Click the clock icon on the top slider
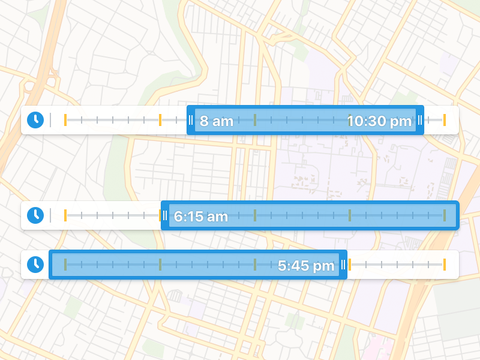[x=35, y=120]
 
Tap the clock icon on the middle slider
[x=35, y=215]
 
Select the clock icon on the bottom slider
[x=35, y=264]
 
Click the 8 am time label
[x=216, y=121]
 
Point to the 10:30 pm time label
[x=379, y=121]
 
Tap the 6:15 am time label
[x=201, y=217]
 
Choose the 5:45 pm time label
[x=306, y=266]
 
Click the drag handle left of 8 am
[x=191, y=120]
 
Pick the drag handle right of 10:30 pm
[x=420, y=120]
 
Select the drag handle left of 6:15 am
[x=164, y=215]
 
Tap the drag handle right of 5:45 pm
[x=343, y=265]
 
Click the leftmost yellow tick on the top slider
[x=65, y=120]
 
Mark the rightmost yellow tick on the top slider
[x=445, y=120]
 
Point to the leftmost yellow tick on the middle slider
[x=65, y=215]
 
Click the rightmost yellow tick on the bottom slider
[x=445, y=265]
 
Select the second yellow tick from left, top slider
[x=160, y=120]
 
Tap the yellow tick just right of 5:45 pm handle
[x=350, y=265]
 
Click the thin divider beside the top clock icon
[x=50, y=120]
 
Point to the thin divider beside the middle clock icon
[x=50, y=215]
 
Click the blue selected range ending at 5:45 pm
[x=180, y=265]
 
